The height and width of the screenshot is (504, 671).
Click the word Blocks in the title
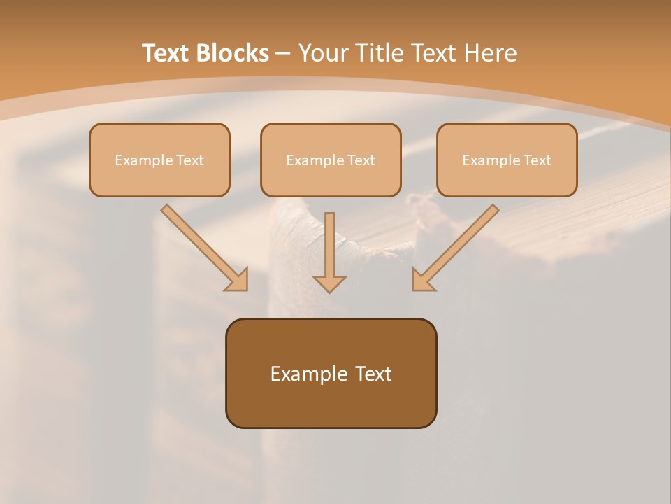click(232, 53)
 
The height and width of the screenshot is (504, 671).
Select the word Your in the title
click(322, 53)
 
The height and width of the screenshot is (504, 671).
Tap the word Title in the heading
click(379, 53)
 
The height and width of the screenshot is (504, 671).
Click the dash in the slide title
click(283, 54)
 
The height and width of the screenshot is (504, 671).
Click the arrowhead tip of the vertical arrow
click(329, 290)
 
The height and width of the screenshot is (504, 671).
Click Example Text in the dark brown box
click(331, 374)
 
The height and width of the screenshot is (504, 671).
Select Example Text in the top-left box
click(159, 160)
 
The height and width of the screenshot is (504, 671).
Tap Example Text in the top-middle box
click(331, 160)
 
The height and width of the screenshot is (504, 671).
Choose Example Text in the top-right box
click(507, 160)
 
